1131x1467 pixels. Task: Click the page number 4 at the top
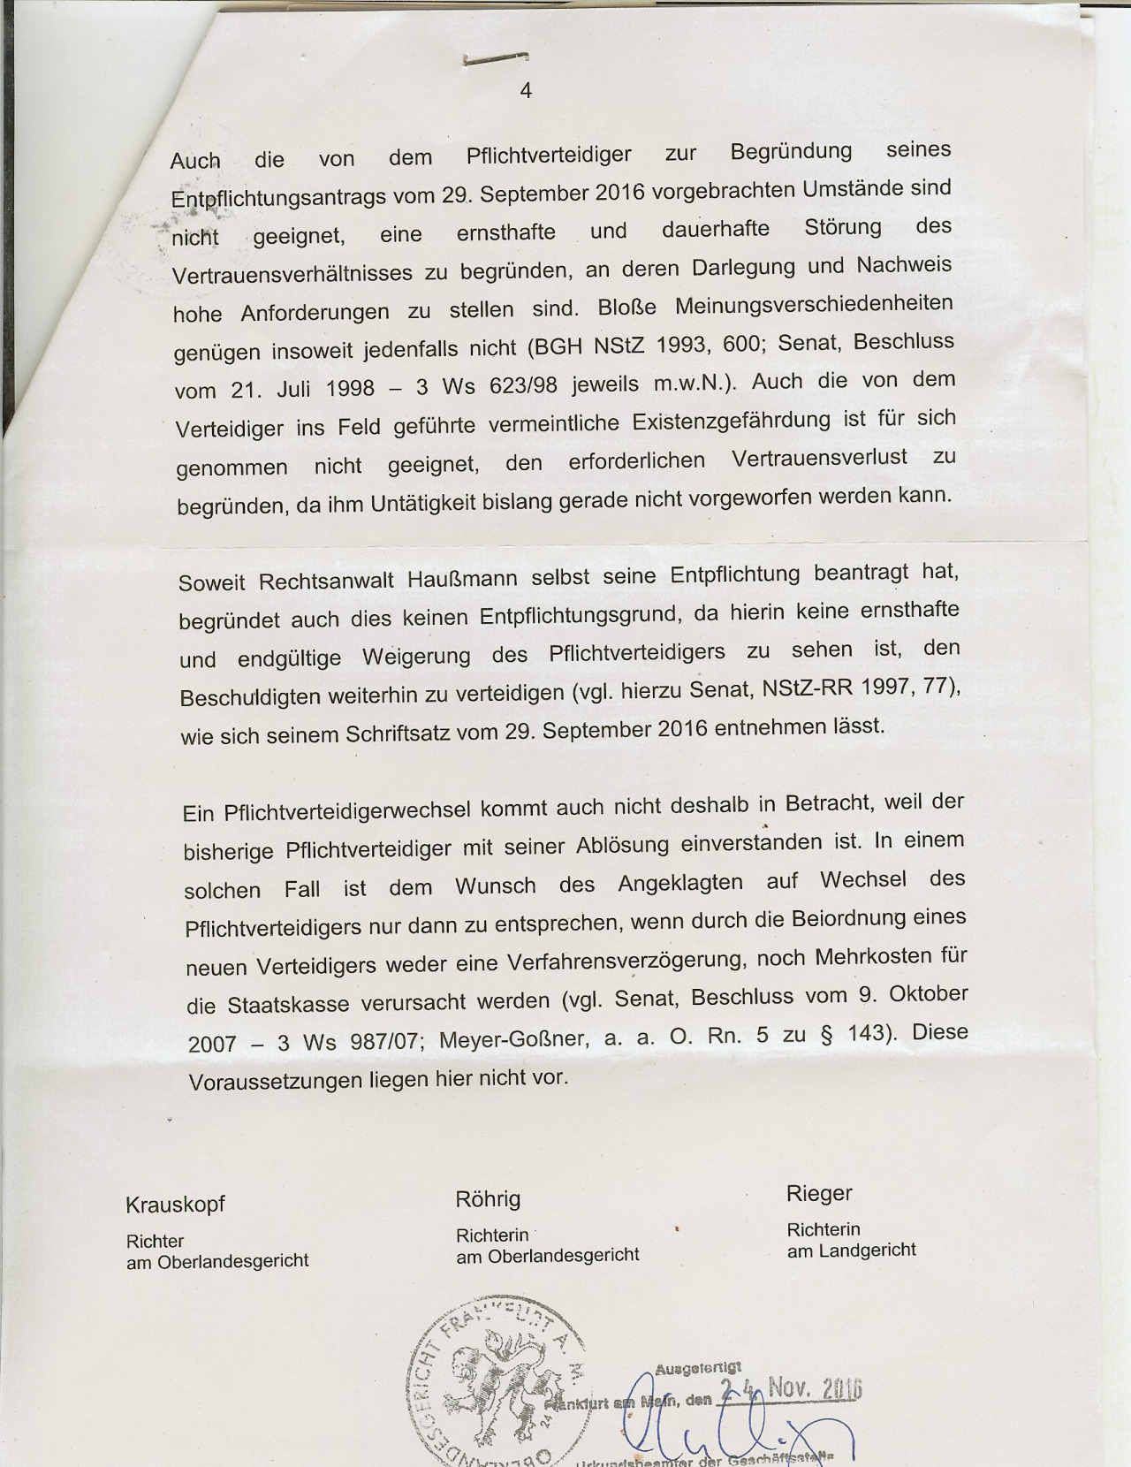[526, 90]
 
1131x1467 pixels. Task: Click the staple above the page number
[496, 59]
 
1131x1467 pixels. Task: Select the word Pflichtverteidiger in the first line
[549, 156]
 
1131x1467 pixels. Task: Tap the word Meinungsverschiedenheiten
[814, 305]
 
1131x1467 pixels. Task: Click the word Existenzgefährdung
[732, 421]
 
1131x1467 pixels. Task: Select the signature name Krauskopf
[175, 1205]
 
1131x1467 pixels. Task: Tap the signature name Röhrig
[488, 1199]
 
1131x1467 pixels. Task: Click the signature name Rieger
[819, 1194]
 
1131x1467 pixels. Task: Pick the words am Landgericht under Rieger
[851, 1250]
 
